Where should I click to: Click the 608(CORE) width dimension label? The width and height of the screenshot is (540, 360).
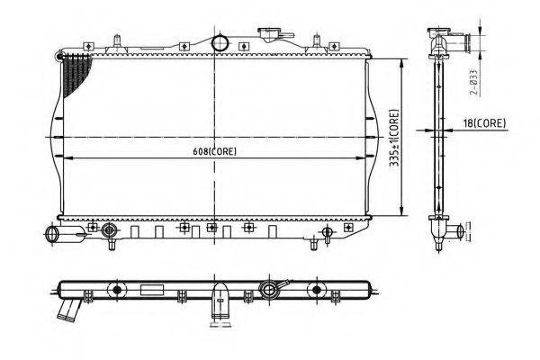[x=214, y=151]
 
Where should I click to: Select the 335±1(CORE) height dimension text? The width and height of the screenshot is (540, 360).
[x=394, y=138]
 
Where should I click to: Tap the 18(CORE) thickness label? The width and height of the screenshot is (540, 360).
[x=484, y=123]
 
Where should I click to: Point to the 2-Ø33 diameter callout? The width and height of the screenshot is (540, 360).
[x=474, y=82]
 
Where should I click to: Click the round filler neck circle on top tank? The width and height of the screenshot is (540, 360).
[x=220, y=43]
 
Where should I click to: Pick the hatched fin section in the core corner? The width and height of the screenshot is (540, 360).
[x=76, y=75]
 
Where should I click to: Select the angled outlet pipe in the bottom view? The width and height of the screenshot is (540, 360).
[x=69, y=310]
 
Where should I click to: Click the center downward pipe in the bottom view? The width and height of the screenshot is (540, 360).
[x=220, y=301]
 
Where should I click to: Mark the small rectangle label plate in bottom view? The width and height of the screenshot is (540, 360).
[x=152, y=290]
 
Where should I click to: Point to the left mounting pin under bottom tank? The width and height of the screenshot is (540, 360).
[x=112, y=244]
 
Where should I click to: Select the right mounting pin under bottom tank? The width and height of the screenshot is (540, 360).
[x=313, y=244]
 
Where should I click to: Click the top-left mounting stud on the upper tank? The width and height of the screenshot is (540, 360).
[x=117, y=42]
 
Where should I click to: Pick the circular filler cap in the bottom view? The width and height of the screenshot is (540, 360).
[x=268, y=289]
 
